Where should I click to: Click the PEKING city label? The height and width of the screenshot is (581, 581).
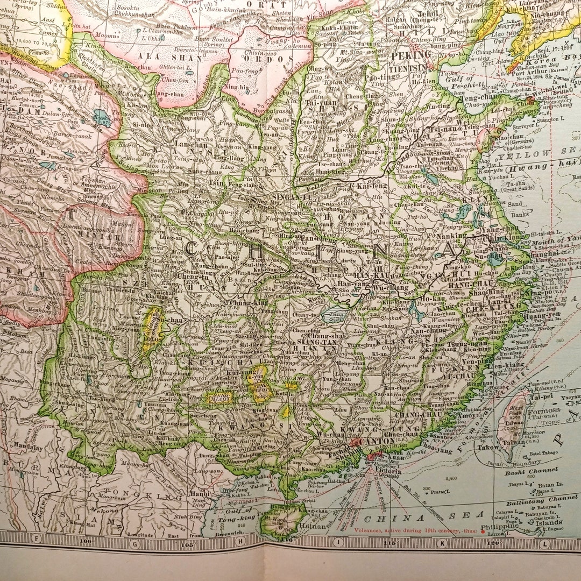[x=411, y=55]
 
